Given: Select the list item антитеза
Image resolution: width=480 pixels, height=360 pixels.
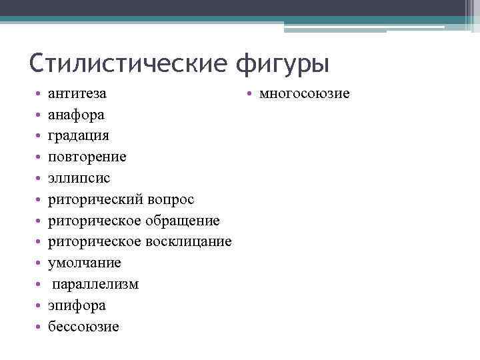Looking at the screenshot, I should point(77,93).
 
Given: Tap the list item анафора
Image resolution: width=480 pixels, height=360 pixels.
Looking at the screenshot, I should point(76,115).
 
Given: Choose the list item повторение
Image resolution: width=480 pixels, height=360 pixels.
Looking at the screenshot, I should point(87,157).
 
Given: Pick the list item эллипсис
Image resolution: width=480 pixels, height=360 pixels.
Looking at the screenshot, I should point(79,179).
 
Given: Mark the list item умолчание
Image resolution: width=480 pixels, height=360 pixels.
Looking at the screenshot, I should point(85,263).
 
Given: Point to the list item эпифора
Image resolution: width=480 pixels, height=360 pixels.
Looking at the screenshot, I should point(77,305).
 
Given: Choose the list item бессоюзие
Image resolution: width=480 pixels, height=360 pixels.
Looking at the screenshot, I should point(83,327).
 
